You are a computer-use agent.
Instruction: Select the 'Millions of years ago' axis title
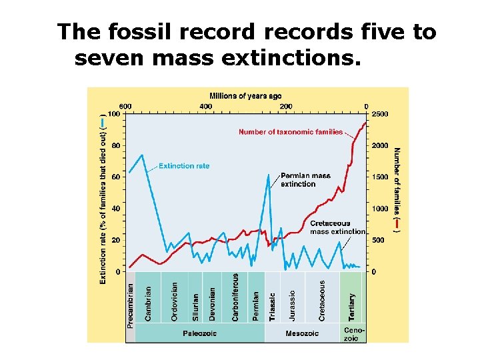(x=245, y=96)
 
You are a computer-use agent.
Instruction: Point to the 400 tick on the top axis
(x=205, y=107)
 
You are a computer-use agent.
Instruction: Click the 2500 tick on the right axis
(x=379, y=114)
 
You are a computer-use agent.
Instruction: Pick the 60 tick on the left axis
(x=115, y=177)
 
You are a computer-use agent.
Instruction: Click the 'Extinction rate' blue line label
(x=184, y=166)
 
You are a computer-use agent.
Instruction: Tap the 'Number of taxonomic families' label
(x=291, y=132)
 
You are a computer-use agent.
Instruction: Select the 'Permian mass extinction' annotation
(x=305, y=180)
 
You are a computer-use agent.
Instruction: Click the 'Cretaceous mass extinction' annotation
(x=337, y=227)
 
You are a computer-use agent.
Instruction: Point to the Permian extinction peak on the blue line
(x=268, y=175)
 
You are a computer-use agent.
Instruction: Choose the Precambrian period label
(x=131, y=305)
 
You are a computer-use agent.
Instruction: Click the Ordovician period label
(x=175, y=301)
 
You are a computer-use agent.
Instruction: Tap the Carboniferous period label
(x=235, y=297)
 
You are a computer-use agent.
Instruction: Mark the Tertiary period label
(x=352, y=306)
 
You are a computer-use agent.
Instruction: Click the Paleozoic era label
(x=200, y=333)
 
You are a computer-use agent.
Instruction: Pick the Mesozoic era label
(x=302, y=333)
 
